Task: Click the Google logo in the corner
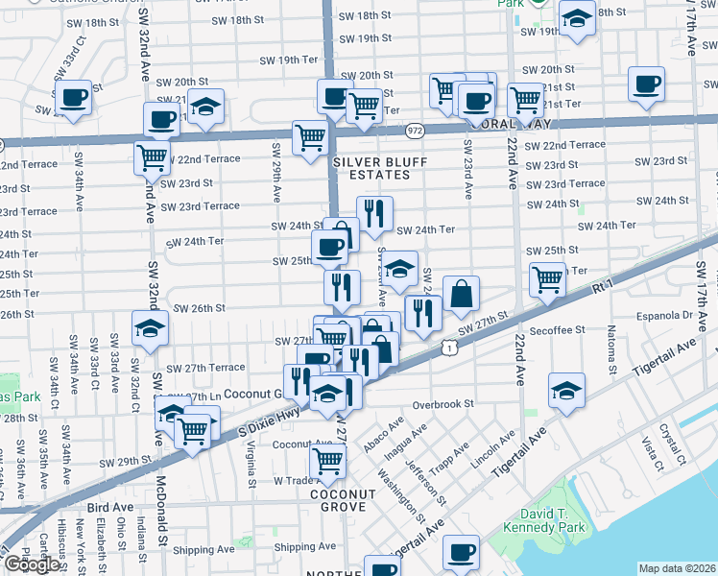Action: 32,564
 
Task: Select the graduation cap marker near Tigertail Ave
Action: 566,391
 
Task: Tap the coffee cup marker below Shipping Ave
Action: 462,551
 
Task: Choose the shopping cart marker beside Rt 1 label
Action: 546,279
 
